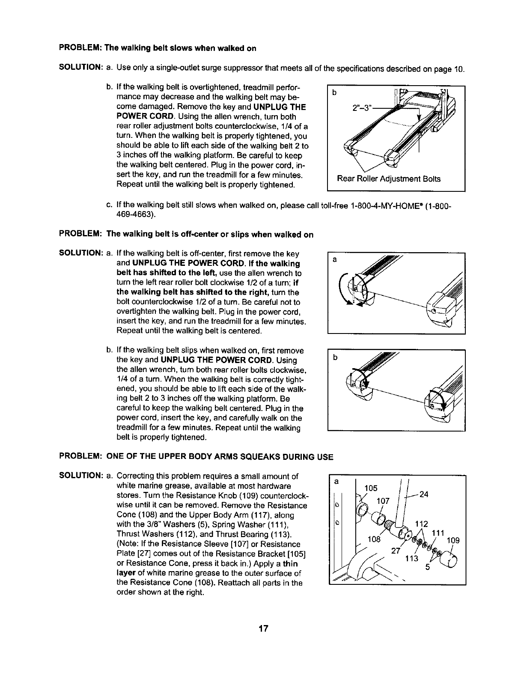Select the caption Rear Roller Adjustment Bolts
(388, 179)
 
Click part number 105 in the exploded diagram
(370, 488)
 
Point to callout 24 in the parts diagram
(424, 494)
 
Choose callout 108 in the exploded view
(374, 538)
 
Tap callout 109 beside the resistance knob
(453, 540)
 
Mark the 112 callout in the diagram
(422, 524)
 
